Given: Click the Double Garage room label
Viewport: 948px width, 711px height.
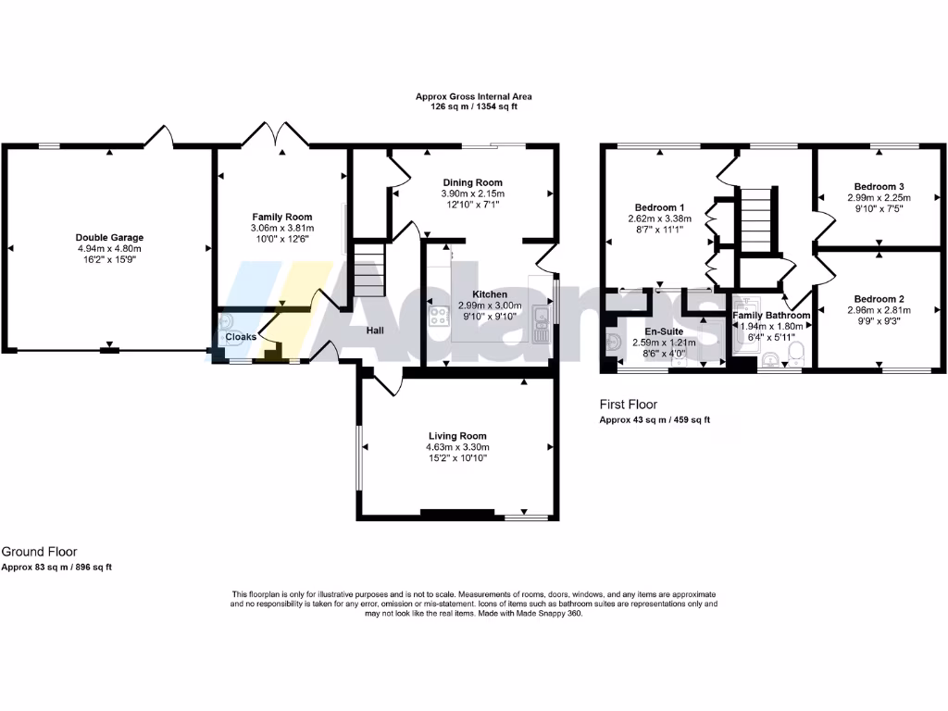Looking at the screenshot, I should (109, 237).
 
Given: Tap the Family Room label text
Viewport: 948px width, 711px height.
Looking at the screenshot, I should (278, 216).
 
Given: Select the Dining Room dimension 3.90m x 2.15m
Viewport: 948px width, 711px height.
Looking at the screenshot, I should (472, 193).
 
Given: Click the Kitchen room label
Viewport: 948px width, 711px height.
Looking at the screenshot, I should (490, 294).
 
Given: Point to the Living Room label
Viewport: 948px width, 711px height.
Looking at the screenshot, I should (457, 435).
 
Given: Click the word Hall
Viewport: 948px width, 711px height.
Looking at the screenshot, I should (375, 330).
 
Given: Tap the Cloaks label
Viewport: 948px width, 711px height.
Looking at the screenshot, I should (241, 337).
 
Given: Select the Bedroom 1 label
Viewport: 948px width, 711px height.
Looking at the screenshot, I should (660, 206).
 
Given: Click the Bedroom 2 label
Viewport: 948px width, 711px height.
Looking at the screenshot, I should (879, 299).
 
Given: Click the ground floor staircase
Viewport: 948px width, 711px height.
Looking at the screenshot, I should (368, 268).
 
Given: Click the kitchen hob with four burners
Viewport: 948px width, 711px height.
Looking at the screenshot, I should (439, 316).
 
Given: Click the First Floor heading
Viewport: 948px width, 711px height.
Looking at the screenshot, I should (629, 405).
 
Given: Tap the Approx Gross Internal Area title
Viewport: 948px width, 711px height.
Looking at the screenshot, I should (473, 96).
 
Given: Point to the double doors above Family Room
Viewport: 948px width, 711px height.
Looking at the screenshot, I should (262, 136).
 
